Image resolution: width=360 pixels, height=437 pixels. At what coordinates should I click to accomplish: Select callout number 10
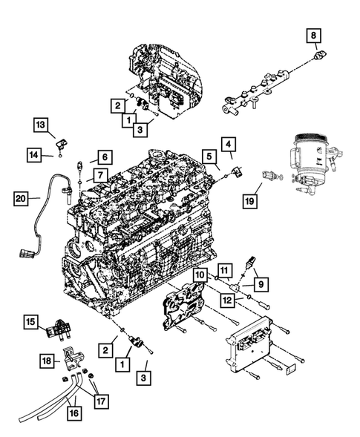(x=200, y=275)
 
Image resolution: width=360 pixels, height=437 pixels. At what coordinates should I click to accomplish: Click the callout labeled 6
(x=104, y=157)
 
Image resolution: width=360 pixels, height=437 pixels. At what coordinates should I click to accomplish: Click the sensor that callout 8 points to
(x=318, y=56)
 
